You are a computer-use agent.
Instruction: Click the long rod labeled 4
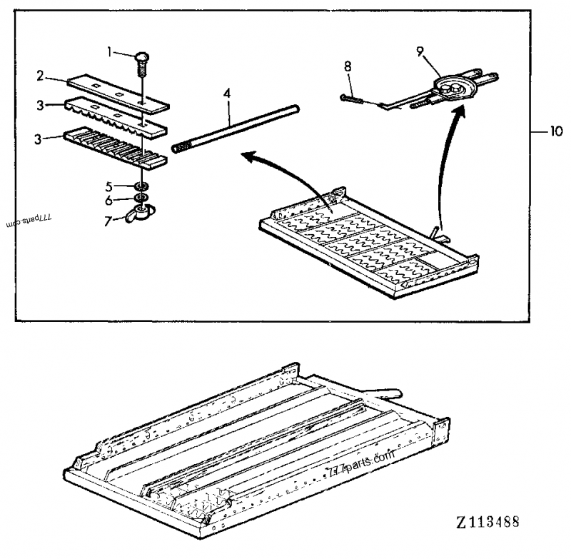(x=236, y=129)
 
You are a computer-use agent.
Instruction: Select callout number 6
(x=108, y=200)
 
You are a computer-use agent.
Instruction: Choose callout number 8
(x=348, y=66)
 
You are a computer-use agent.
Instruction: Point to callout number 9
(x=419, y=51)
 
